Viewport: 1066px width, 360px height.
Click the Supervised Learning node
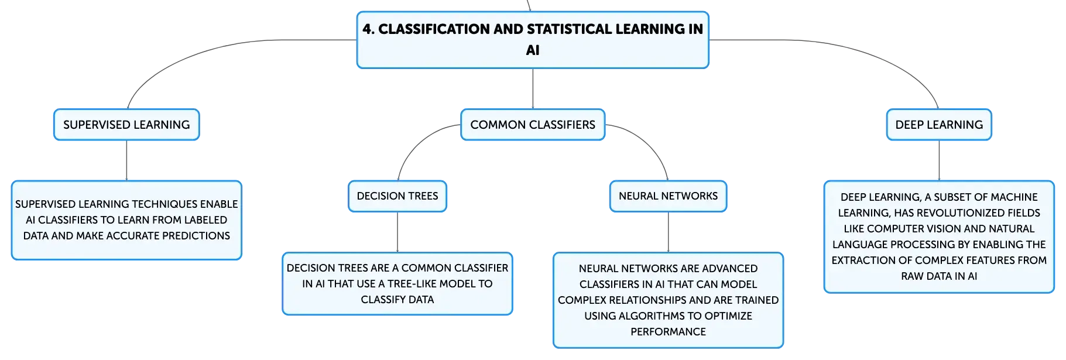[x=126, y=125]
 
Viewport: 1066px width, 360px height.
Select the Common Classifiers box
[x=533, y=125]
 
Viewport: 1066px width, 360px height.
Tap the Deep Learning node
[x=939, y=125]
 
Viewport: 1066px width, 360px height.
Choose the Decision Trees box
[x=397, y=196]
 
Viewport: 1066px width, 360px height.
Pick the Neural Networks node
[x=668, y=196]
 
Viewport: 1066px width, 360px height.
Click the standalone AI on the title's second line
[x=533, y=50]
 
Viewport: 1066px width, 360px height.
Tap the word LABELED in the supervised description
[x=205, y=220]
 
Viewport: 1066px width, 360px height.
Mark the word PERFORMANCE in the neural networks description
[x=668, y=332]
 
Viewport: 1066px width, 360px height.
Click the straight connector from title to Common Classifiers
[x=533, y=88]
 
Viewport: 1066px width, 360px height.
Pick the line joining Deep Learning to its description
[x=939, y=160]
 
